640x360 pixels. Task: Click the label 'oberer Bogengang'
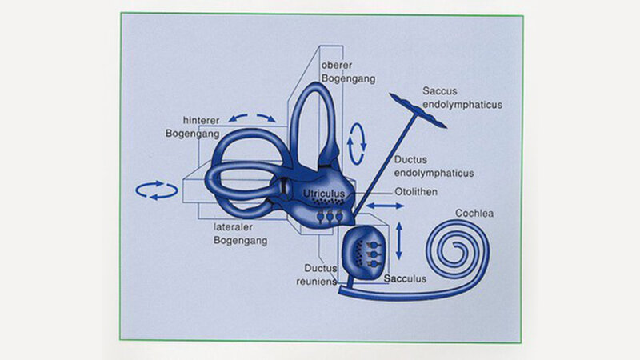[342, 70]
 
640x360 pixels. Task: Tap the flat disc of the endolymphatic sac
[418, 109]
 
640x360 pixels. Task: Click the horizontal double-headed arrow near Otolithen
[385, 206]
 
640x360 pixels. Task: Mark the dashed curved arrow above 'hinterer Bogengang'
[254, 116]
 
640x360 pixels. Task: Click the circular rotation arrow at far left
[156, 190]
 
